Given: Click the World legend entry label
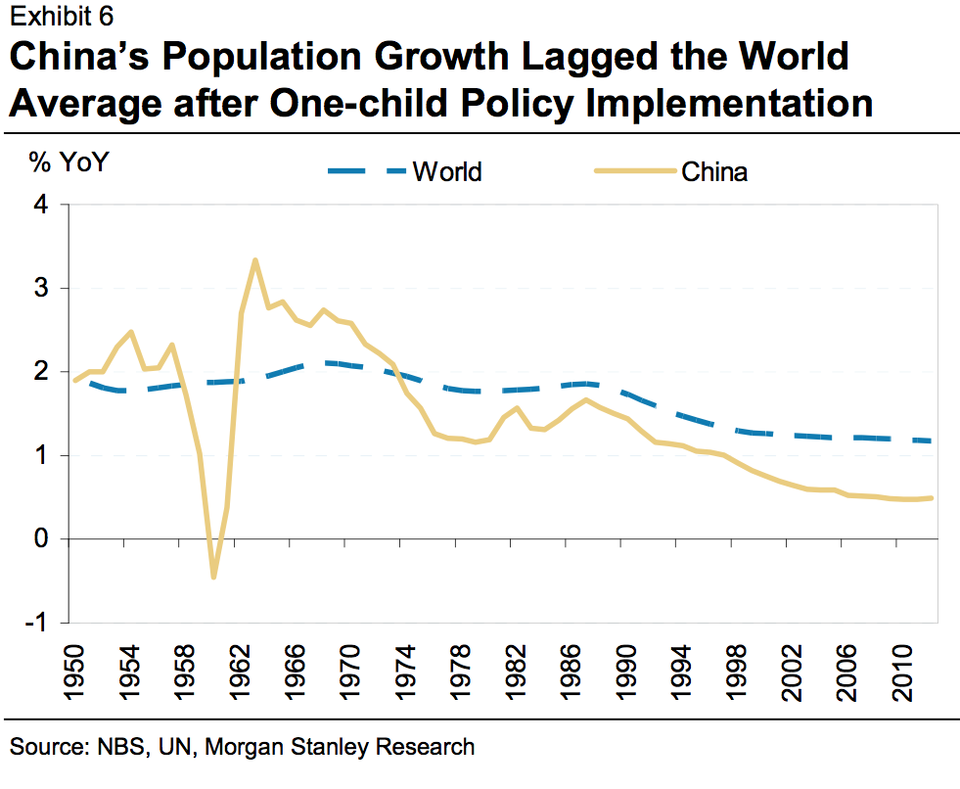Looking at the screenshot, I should [447, 172].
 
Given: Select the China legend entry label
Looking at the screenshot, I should [714, 172].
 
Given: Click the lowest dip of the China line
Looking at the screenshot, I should [213, 578].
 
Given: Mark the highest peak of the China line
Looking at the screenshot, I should [254, 260].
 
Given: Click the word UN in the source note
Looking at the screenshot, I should [159, 748].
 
